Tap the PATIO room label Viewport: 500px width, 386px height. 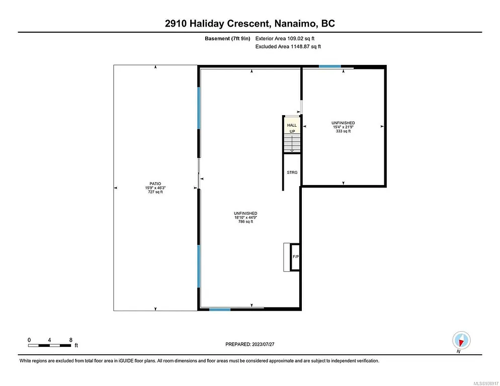(155, 184)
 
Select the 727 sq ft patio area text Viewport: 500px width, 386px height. (155, 192)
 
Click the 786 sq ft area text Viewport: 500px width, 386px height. (245, 222)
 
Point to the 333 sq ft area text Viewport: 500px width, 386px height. (343, 132)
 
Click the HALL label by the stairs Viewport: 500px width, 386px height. (292, 125)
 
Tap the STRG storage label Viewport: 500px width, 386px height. (292, 172)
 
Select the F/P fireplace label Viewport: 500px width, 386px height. (296, 257)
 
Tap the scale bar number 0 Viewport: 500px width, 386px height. (29, 339)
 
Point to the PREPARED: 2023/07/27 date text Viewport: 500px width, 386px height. (249, 344)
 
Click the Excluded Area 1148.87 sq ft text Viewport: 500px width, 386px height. (288, 46)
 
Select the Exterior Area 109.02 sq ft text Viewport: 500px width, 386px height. (286, 38)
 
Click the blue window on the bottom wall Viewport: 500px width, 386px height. (220, 309)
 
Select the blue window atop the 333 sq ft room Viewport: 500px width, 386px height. (330, 66)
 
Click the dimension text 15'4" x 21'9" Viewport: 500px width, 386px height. (343, 127)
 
